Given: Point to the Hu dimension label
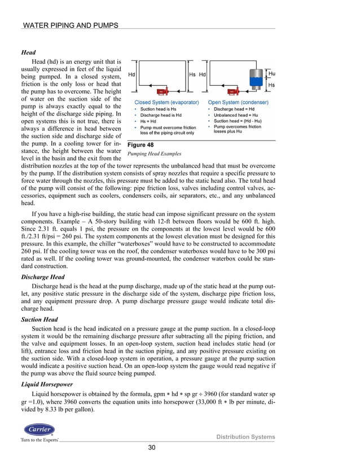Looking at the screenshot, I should point(272,73).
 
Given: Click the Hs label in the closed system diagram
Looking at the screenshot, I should point(192,74).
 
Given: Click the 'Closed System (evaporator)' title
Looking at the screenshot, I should point(163,102).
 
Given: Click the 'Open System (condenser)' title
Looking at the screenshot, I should point(238,102).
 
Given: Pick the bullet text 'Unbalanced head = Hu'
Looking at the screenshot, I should point(235,115).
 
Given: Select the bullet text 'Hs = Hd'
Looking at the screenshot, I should point(147,121).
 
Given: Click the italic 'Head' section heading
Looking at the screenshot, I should point(28,52).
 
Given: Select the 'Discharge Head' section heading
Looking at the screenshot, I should point(42,278).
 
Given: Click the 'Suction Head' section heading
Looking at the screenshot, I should point(39,319).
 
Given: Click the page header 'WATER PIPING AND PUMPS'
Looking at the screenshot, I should point(69,25).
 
